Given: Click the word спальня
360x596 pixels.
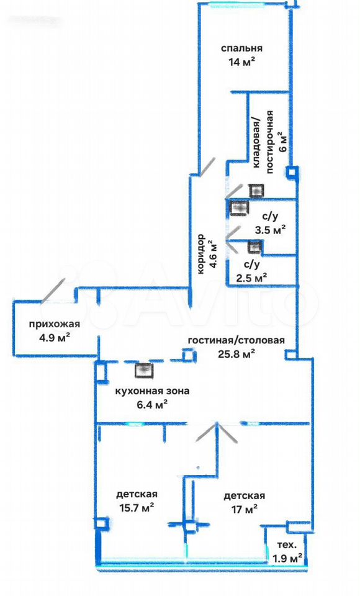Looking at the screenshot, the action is [x=242, y=48].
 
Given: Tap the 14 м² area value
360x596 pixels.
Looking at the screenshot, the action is [x=242, y=62].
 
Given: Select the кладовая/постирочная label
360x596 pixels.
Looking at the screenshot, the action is [x=263, y=142].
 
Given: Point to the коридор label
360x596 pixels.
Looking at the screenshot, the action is [x=200, y=254].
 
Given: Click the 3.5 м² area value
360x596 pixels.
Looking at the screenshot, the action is [x=270, y=230].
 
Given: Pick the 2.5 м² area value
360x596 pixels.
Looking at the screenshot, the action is [x=251, y=278].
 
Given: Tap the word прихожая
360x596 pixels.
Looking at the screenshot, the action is [x=55, y=324].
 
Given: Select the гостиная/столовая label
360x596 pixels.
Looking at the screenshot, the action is [x=236, y=340].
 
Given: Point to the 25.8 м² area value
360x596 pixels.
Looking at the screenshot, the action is [x=236, y=354].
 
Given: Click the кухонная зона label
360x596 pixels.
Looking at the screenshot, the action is [x=152, y=391].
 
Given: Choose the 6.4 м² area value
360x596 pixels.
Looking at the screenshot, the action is [x=153, y=405].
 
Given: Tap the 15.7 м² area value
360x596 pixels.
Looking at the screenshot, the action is [x=136, y=508].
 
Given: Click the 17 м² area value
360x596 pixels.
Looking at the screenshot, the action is [x=245, y=509].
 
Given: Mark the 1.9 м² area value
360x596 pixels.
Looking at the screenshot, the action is [x=288, y=558].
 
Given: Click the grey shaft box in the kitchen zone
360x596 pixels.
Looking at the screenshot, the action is [x=144, y=371].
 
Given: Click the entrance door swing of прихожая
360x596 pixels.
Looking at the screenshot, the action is [x=53, y=291].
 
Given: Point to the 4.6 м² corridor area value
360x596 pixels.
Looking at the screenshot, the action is [x=214, y=254].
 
